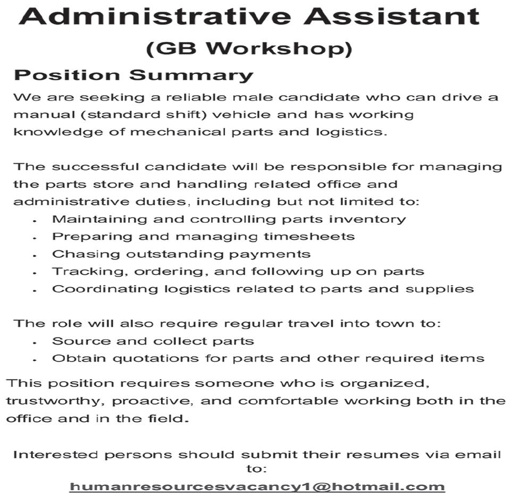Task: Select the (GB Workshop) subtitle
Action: click(x=249, y=48)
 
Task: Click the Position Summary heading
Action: click(x=133, y=75)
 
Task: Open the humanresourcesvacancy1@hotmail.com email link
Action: click(x=257, y=487)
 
